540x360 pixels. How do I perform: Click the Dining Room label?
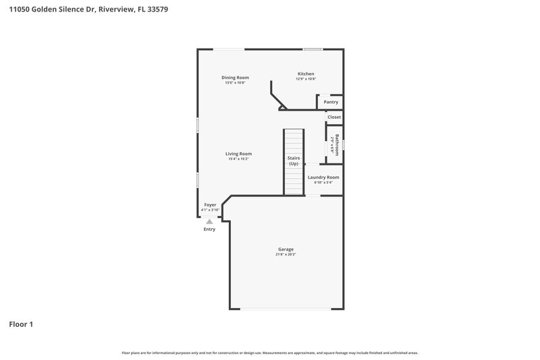[x=235, y=78]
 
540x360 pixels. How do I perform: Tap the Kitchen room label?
[x=306, y=74]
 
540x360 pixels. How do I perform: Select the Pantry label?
[x=331, y=102]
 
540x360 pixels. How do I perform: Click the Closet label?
[x=334, y=117]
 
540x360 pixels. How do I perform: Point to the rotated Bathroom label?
[x=337, y=145]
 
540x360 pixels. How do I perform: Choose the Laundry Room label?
[x=323, y=177]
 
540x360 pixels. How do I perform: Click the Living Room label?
[x=238, y=153]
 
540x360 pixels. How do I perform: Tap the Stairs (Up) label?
[x=294, y=161]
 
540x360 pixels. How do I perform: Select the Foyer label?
[x=210, y=205]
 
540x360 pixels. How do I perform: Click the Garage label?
[x=286, y=249]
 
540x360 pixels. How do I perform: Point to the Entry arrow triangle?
[x=209, y=222]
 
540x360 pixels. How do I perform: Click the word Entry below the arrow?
[x=209, y=230]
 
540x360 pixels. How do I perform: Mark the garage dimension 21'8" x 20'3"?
[x=286, y=255]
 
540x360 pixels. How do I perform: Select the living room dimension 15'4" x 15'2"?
[x=238, y=159]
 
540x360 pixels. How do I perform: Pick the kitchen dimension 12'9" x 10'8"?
[x=306, y=79]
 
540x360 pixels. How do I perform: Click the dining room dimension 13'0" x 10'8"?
[x=235, y=82]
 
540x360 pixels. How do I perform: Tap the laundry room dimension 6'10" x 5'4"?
[x=323, y=182]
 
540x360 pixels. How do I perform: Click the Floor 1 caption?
[x=21, y=325]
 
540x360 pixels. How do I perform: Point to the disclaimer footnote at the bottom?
[x=269, y=353]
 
